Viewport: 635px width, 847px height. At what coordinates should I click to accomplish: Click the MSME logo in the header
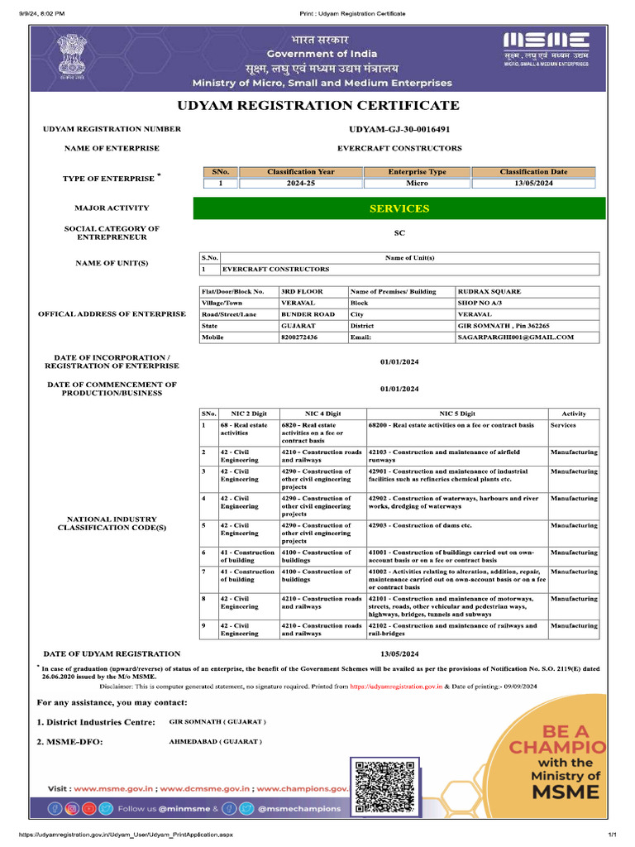point(547,49)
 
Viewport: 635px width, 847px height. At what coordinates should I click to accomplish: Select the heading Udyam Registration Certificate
point(317,105)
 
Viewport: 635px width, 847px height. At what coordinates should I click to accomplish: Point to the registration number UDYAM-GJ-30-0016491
point(399,130)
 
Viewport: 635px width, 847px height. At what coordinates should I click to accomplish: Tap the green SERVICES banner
point(399,208)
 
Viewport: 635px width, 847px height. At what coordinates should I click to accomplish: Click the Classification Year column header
point(301,172)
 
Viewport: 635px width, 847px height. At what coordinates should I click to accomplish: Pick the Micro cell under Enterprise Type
point(417,183)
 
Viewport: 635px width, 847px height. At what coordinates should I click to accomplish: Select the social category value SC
point(399,233)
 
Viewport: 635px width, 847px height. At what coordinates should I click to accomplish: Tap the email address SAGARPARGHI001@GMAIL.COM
point(515,337)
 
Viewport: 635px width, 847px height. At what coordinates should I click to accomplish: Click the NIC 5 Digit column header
point(457,413)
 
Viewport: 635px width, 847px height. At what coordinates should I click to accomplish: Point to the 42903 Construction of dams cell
point(420,526)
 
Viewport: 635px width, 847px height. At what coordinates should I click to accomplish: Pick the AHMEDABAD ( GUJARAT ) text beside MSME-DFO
point(215,742)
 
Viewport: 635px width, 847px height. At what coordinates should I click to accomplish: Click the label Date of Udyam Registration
point(112,653)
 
